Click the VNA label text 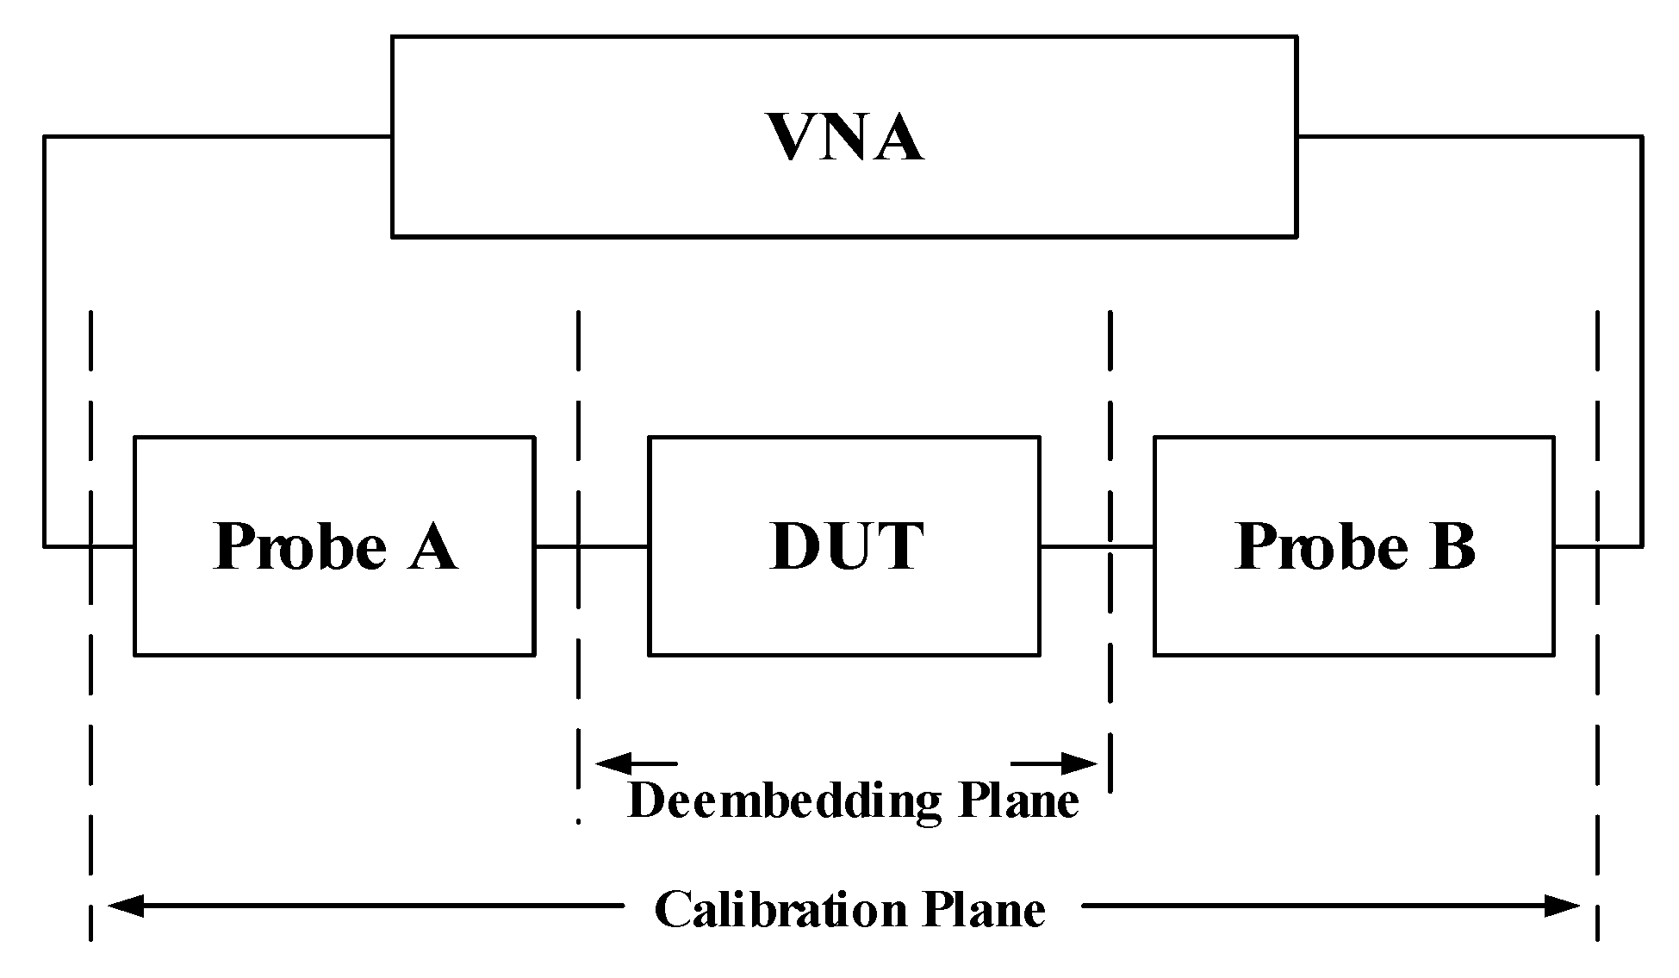[845, 137]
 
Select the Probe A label [334, 546]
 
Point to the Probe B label [1354, 546]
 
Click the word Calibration [780, 910]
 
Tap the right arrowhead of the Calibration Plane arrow [1564, 906]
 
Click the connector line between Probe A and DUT [591, 545]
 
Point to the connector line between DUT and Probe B [1097, 545]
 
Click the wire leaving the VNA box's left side [215, 136]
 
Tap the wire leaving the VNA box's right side [1464, 136]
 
